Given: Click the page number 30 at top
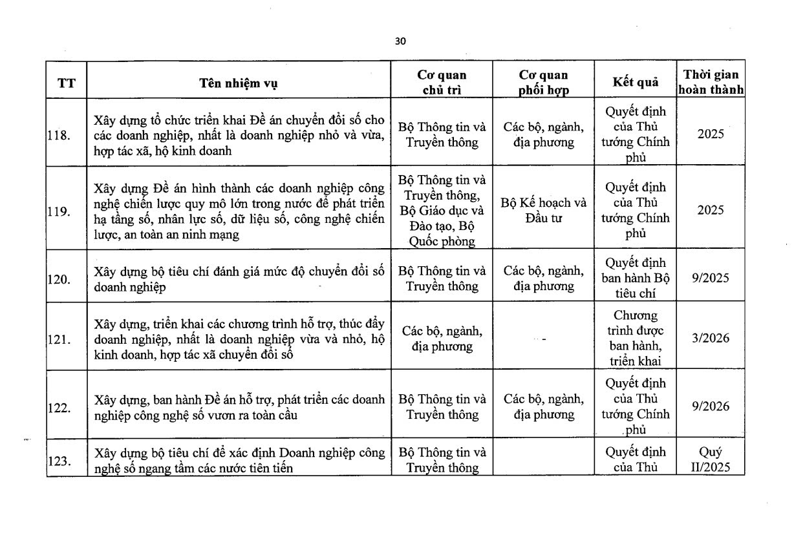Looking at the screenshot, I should click(400, 42).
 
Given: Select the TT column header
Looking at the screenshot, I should click(66, 83).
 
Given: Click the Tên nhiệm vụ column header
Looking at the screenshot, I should click(239, 83).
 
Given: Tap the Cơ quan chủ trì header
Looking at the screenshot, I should click(442, 82).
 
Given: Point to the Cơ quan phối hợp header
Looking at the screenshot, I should click(544, 82).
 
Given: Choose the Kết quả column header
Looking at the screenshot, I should click(635, 82).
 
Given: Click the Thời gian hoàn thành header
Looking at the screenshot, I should click(711, 82).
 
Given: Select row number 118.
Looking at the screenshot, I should click(59, 134).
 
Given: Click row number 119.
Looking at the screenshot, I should click(59, 211).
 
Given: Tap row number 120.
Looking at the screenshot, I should click(59, 279).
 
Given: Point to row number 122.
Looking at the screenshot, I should click(59, 407).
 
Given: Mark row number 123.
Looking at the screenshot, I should click(59, 461).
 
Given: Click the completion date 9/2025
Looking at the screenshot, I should click(710, 278).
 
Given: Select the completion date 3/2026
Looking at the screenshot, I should click(710, 338).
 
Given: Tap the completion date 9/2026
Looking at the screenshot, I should click(710, 406).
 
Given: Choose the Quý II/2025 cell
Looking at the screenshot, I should click(710, 459).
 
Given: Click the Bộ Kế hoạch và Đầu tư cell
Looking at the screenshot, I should click(544, 210).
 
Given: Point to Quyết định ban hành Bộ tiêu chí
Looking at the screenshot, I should click(635, 278).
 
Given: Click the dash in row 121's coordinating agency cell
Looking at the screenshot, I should click(544, 339).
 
